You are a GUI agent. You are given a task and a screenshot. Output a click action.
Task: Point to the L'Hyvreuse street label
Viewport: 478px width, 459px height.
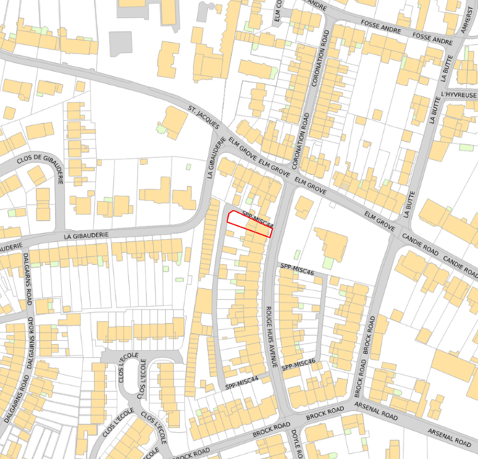[x=458, y=95]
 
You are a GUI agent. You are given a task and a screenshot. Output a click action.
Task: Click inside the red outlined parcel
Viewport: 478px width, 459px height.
[x=250, y=224]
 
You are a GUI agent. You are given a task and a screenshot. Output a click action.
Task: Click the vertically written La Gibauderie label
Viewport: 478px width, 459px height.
[x=211, y=155]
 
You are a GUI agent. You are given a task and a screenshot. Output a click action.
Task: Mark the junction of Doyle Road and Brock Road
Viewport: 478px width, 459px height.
[x=289, y=421]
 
